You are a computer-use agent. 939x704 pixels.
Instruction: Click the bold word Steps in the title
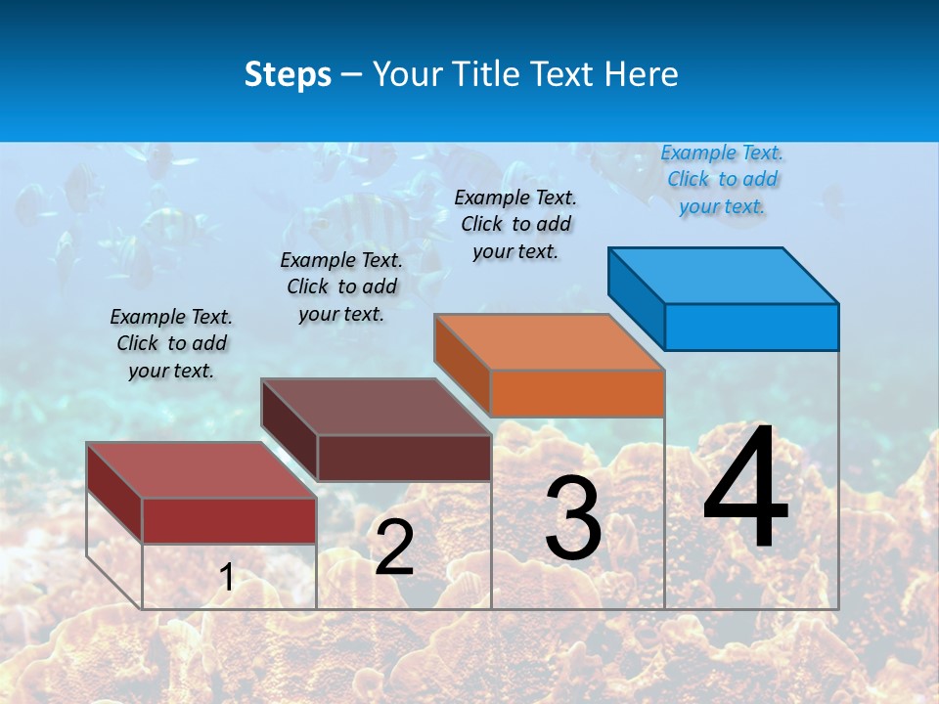pyautogui.click(x=288, y=74)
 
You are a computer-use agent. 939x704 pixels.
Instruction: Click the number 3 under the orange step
pyautogui.click(x=573, y=518)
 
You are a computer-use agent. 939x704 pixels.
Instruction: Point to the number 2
pyautogui.click(x=394, y=548)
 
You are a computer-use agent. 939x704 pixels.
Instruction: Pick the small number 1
pyautogui.click(x=227, y=577)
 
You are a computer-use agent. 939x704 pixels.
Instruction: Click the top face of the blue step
pyautogui.click(x=724, y=275)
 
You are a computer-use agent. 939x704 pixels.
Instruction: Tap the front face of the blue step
pyautogui.click(x=751, y=327)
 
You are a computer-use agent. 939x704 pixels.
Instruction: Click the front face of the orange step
pyautogui.click(x=577, y=393)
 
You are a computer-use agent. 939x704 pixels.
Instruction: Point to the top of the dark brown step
pyautogui.click(x=376, y=406)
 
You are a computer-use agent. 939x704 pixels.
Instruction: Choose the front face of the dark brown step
pyautogui.click(x=404, y=458)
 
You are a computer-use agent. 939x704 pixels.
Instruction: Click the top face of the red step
pyautogui.click(x=201, y=469)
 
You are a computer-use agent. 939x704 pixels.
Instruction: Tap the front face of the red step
pyautogui.click(x=229, y=520)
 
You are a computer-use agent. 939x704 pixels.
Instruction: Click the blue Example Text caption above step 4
pyautogui.click(x=722, y=179)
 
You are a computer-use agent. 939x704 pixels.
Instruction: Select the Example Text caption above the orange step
pyautogui.click(x=515, y=224)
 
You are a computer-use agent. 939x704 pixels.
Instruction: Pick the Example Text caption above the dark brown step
pyautogui.click(x=341, y=286)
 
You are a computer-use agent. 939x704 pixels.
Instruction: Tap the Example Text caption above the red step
pyautogui.click(x=171, y=343)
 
